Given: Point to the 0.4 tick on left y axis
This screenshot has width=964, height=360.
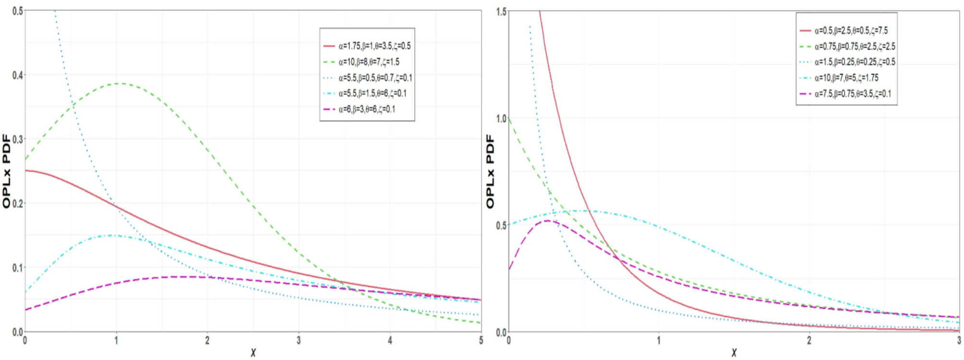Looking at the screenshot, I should pyautogui.click(x=17, y=75).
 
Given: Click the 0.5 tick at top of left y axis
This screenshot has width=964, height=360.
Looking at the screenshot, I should pyautogui.click(x=17, y=11).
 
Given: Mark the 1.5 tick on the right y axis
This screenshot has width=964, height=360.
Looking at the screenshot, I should pyautogui.click(x=501, y=12).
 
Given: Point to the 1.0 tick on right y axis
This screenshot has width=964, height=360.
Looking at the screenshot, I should pyautogui.click(x=501, y=119).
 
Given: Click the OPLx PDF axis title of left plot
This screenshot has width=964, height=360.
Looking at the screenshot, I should pyautogui.click(x=6, y=171).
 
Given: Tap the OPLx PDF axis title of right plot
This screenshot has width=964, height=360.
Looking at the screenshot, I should pyautogui.click(x=490, y=171).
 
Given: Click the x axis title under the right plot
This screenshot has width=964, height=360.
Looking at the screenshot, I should pyautogui.click(x=734, y=353).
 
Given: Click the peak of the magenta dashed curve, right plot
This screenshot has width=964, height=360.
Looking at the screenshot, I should pyautogui.click(x=547, y=221).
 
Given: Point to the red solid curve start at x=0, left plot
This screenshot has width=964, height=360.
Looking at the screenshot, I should pyautogui.click(x=26, y=170).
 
